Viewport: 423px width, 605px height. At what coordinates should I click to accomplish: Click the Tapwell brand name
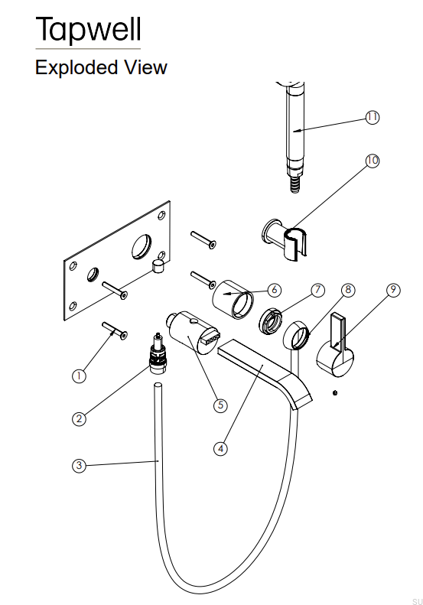tap(88, 29)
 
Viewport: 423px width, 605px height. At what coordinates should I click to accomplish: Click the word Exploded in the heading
tap(76, 67)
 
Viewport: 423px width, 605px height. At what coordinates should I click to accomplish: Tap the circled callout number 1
tap(79, 376)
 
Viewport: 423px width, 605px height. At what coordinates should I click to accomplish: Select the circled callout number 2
tap(79, 418)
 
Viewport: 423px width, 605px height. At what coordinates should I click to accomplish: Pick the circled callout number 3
tap(79, 465)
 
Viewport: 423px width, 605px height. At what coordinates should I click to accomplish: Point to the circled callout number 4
tap(220, 448)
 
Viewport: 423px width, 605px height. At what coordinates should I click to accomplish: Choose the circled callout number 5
tap(220, 405)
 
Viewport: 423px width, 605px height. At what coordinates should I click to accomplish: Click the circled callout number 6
tap(275, 289)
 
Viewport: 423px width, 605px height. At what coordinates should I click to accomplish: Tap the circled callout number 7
tap(317, 289)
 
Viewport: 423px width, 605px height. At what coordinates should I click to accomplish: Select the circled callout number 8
tap(348, 289)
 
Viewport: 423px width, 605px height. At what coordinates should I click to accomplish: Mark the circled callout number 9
tap(393, 289)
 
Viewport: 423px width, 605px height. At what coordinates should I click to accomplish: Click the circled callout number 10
tap(372, 160)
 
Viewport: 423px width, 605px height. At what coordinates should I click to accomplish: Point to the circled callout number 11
tap(372, 117)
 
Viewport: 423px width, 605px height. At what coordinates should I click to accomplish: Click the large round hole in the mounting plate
tap(142, 246)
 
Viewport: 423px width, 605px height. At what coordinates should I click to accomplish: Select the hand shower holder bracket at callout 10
tap(285, 240)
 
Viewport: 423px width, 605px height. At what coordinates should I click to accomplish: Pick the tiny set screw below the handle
tap(335, 393)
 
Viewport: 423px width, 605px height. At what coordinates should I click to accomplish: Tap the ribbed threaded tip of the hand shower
tap(295, 184)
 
